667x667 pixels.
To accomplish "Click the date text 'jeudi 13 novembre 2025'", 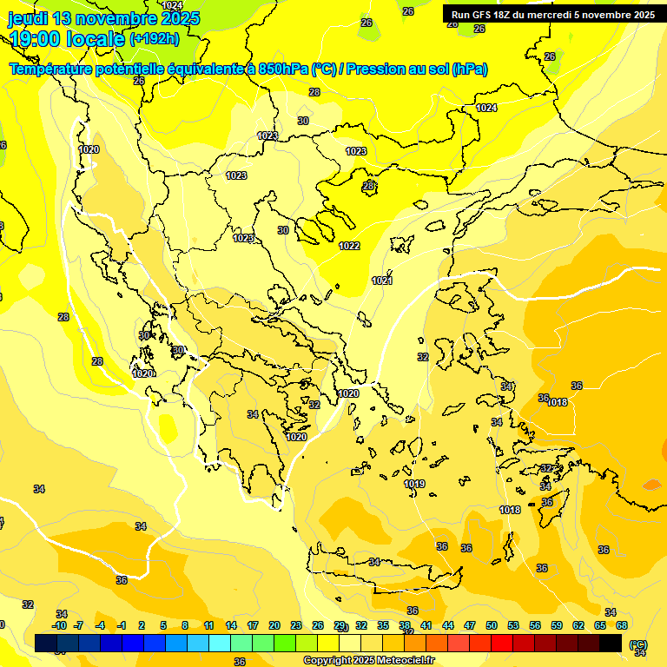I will point(103,18).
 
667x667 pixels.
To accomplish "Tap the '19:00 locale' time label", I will point(66,38).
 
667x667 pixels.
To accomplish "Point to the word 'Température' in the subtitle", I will point(51,69).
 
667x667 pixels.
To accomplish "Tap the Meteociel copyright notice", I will point(368,660).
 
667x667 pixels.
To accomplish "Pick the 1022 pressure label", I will point(349,246).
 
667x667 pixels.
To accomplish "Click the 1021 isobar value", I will point(382,281).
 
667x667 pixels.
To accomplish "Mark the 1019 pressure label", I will point(414,484).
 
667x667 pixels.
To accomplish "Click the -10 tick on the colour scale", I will point(59,625).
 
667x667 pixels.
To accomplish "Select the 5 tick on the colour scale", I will point(163,625).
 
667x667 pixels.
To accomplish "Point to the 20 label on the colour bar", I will point(274,625).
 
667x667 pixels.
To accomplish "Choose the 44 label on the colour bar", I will point(448,625).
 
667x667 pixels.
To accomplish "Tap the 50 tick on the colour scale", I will point(492,625).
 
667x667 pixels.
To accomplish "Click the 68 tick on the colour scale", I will point(622,625).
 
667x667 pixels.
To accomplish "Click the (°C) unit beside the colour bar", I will point(637,644).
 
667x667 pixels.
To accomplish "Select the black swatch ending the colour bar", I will point(611,643).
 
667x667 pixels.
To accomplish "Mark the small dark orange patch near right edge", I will point(651,485).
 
